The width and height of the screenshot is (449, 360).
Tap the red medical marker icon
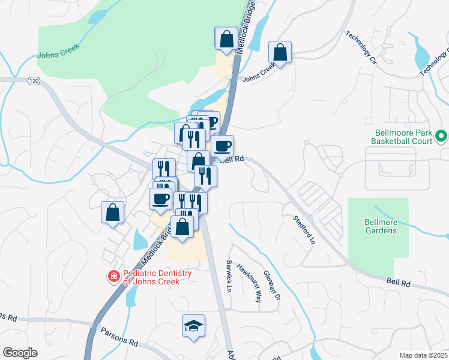(x=112, y=277)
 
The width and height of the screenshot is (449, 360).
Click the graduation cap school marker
(x=193, y=326)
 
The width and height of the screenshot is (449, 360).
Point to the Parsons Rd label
(x=119, y=336)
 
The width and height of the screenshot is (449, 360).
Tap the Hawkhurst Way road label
(x=249, y=283)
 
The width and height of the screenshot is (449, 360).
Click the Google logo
(x=20, y=353)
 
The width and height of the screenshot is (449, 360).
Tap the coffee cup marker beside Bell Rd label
(x=222, y=145)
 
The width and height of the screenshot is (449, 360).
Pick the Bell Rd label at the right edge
(x=397, y=281)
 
